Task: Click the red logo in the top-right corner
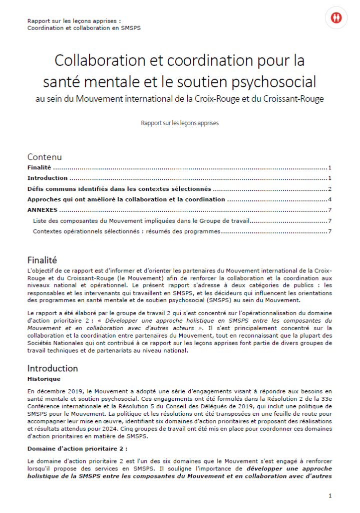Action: [336, 18]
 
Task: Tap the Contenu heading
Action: [45, 157]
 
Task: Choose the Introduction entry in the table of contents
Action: [48, 178]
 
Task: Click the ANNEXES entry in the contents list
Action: [42, 210]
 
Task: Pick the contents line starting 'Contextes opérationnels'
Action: [126, 231]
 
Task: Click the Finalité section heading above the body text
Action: [42, 260]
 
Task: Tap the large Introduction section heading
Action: [53, 368]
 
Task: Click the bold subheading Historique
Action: [44, 379]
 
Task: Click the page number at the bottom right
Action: [330, 495]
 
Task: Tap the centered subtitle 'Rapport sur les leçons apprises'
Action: [180, 122]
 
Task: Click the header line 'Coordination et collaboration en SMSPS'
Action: [84, 28]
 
